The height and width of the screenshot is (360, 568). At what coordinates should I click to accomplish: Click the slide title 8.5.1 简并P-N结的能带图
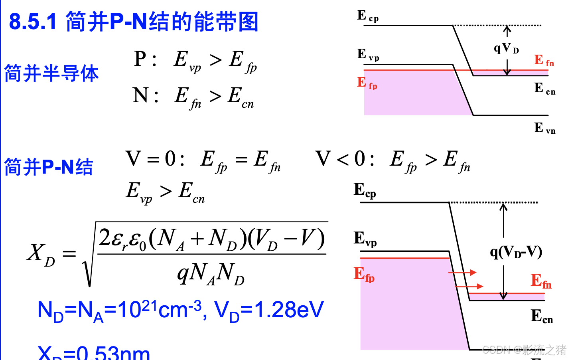(x=134, y=22)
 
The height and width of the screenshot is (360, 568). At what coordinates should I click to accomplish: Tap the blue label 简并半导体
(x=51, y=73)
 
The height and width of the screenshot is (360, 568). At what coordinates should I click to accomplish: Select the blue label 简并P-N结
(x=48, y=167)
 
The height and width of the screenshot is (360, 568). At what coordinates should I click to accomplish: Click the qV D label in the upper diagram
(x=506, y=48)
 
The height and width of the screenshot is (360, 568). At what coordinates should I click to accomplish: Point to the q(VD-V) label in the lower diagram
(x=516, y=252)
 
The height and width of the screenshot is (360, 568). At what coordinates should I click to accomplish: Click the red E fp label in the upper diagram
(x=367, y=83)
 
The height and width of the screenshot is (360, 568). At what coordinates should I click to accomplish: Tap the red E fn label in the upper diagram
(x=544, y=61)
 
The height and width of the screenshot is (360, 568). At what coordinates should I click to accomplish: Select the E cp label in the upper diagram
(x=367, y=16)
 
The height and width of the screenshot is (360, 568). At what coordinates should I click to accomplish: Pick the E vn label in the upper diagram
(x=544, y=128)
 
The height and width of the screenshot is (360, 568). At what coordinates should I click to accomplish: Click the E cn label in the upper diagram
(x=544, y=89)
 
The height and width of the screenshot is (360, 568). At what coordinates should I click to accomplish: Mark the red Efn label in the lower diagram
(x=541, y=281)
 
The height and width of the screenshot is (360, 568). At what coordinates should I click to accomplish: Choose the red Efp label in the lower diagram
(x=364, y=275)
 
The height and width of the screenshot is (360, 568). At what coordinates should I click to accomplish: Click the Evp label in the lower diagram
(x=365, y=239)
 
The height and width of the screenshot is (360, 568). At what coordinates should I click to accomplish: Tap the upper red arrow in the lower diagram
(x=462, y=273)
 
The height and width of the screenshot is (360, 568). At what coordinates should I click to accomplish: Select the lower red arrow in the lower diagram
(x=469, y=286)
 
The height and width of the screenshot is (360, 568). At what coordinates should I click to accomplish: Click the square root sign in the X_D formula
(x=89, y=263)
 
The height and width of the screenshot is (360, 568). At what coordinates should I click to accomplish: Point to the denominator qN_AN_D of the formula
(x=211, y=274)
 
